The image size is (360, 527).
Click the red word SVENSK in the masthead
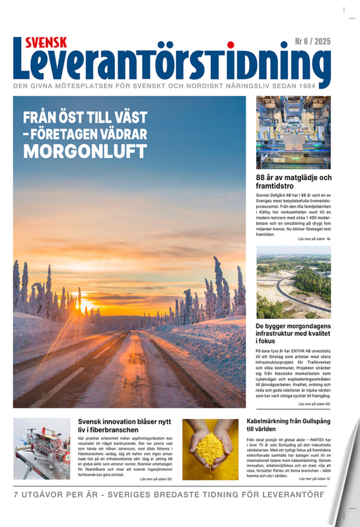click(46, 42)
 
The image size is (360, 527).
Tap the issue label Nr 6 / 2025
click(312, 42)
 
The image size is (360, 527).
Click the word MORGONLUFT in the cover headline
click(85, 150)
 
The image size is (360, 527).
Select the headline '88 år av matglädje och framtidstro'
click(294, 181)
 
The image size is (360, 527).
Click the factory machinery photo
click(293, 132)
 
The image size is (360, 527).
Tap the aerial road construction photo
click(293, 282)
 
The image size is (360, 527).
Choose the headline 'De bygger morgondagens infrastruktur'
click(293, 334)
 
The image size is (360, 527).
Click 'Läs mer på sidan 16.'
click(314, 239)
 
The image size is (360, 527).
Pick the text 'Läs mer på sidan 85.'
click(314, 403)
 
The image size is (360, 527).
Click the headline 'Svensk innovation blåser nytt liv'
click(124, 425)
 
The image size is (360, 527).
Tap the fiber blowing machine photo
click(42, 449)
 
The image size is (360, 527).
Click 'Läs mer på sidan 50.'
click(156, 479)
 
